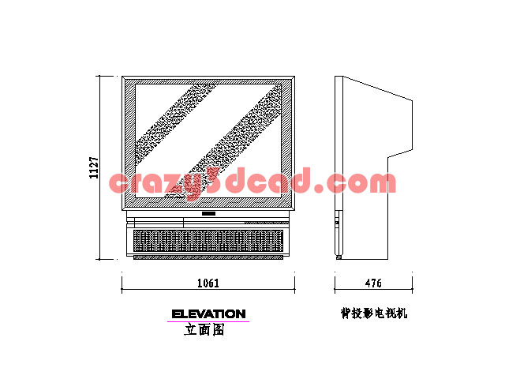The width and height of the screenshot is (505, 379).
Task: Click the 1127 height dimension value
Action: pyautogui.click(x=94, y=167)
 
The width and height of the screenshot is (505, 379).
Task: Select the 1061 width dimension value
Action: pyautogui.click(x=208, y=283)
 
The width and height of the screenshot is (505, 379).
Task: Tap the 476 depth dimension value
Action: pyautogui.click(x=373, y=283)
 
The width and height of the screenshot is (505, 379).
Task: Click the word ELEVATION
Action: pyautogui.click(x=208, y=314)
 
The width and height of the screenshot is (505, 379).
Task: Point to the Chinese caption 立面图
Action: pyautogui.click(x=204, y=329)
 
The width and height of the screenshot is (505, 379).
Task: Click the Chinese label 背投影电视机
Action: pyautogui.click(x=374, y=313)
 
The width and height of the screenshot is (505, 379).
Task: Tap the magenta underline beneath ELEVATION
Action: pyautogui.click(x=208, y=321)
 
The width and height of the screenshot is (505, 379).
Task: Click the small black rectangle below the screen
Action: pyautogui.click(x=208, y=213)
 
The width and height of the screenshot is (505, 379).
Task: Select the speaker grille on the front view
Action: pyautogui.click(x=208, y=241)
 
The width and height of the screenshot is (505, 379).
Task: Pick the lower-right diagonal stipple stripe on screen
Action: pyautogui.click(x=223, y=141)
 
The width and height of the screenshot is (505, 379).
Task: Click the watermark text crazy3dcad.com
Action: pyautogui.click(x=252, y=182)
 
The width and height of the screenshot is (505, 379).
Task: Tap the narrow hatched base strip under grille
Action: pyautogui.click(x=208, y=257)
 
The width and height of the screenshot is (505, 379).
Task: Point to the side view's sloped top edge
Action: pyautogui.click(x=378, y=88)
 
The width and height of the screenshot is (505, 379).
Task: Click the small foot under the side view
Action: pyautogui.click(x=339, y=257)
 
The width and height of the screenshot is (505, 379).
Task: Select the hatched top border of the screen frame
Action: pyautogui.click(x=208, y=82)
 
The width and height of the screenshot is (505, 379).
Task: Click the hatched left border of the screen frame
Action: pyautogui.click(x=130, y=144)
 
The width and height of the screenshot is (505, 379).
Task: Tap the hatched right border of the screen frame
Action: pyautogui.click(x=286, y=144)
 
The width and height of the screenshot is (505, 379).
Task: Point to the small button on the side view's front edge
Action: pyautogui.click(x=337, y=223)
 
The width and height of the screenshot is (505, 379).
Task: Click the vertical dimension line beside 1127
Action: pyautogui.click(x=99, y=167)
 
